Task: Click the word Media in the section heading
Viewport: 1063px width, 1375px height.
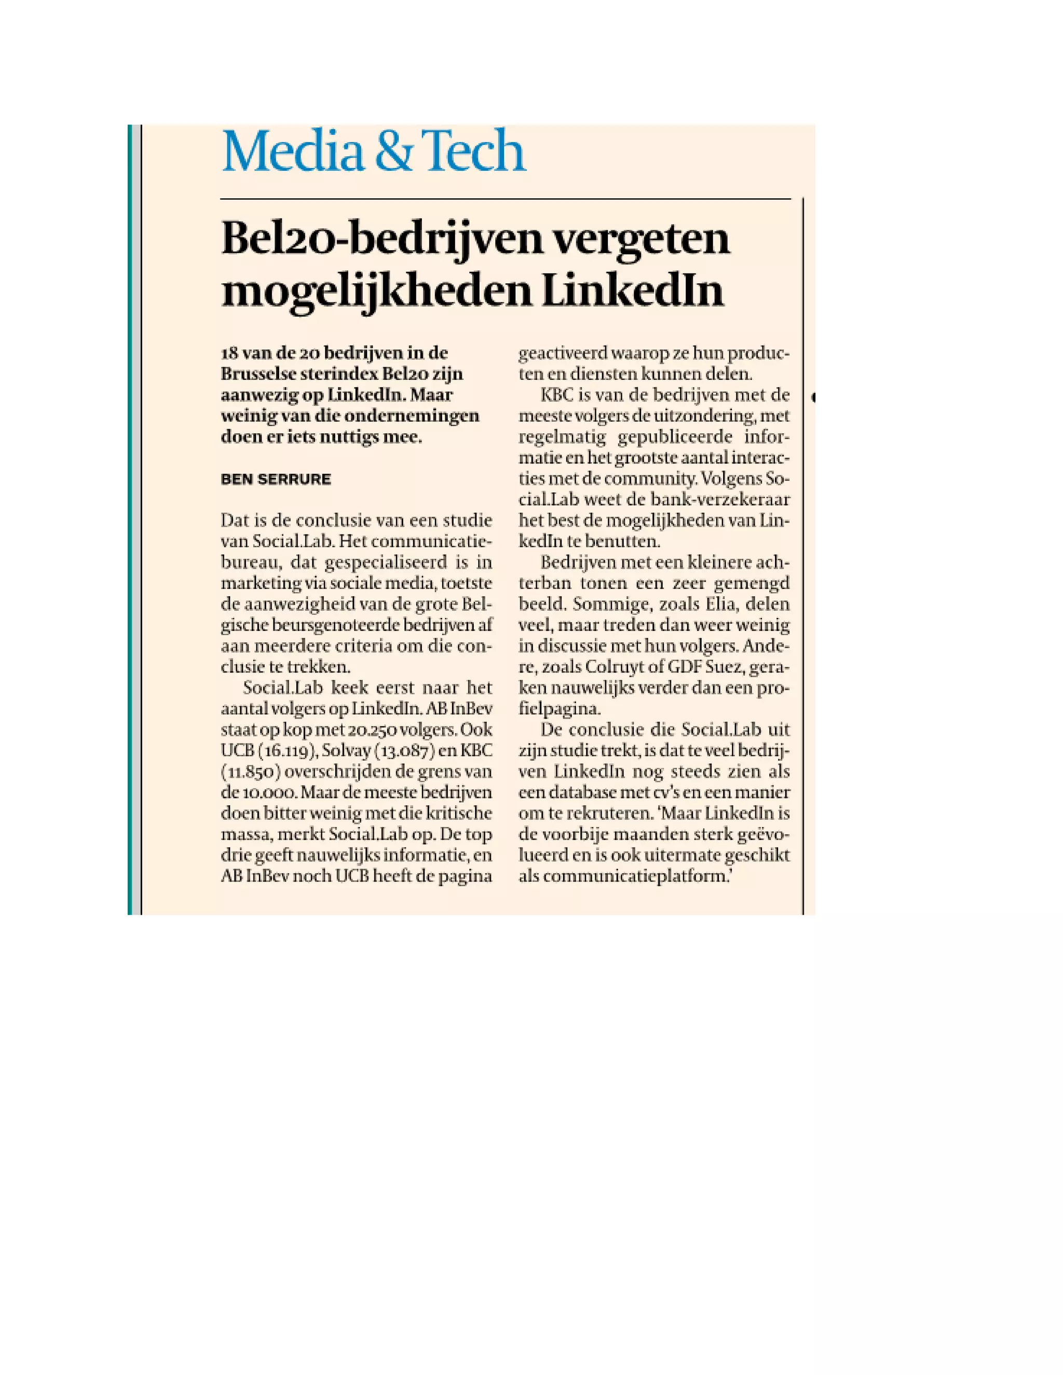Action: coord(293,151)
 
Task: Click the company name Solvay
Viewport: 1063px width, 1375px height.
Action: coord(346,751)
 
